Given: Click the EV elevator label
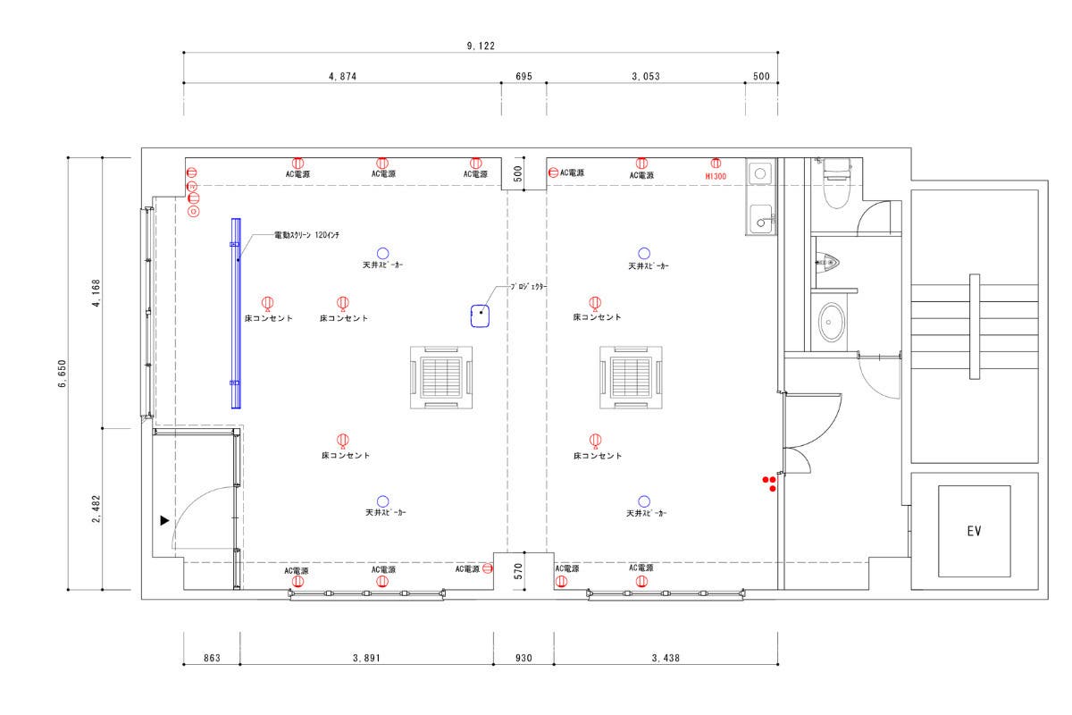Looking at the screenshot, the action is [974, 531].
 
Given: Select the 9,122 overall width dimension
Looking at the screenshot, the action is [481, 46].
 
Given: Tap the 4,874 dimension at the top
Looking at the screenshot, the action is [342, 76].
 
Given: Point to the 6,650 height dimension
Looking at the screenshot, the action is [63, 373].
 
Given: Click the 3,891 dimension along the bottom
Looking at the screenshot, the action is [366, 658].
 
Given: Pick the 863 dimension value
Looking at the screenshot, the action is [212, 658].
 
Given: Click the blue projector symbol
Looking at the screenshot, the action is [480, 315].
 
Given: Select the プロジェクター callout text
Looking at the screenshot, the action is [528, 286].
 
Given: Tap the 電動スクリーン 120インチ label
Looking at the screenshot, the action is [306, 235].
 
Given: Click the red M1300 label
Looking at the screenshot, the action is [716, 176].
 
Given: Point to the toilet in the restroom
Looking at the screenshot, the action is [836, 183].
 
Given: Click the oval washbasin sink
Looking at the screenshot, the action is [832, 323].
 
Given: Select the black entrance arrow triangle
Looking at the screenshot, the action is [164, 520].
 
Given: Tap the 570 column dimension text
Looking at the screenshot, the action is [518, 571].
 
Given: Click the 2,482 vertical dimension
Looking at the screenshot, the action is [96, 509].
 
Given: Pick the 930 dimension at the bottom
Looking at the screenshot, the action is [523, 658].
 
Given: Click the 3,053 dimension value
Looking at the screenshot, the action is [646, 76].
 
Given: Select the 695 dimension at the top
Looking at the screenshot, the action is [523, 76].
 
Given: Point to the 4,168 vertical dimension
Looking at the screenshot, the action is [96, 293].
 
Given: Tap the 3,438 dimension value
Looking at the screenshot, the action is [666, 658].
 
